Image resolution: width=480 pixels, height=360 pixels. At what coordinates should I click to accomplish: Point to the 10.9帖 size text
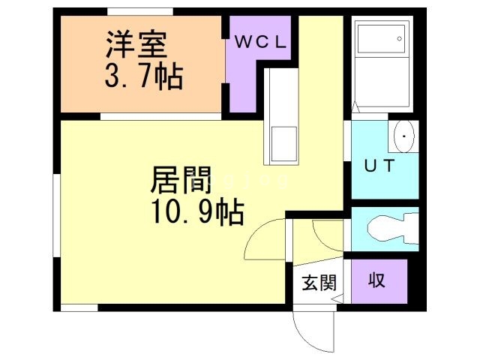196,214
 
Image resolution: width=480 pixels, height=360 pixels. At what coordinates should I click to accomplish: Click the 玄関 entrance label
319,283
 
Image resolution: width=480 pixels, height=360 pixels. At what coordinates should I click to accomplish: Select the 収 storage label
376,281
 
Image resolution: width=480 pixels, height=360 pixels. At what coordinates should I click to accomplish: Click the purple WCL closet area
247,82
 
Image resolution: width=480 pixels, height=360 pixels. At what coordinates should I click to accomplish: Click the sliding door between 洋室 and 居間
160,116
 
